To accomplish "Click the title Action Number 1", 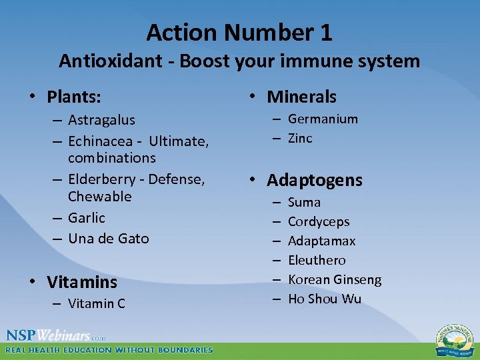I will coord(239,32).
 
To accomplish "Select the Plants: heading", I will coord(74,97).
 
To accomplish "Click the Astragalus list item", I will coord(101,121).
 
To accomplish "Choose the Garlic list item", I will coord(87,218).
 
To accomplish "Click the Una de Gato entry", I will coord(109,239).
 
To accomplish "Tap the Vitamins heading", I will coord(82,283).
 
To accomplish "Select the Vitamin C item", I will coord(97,304).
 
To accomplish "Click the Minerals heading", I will coord(301,97).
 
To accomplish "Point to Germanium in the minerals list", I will coord(323,119).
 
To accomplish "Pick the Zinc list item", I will coord(300,139).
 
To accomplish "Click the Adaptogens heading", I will coord(315,181).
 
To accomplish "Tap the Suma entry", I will coord(304,202).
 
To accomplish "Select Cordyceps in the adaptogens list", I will coord(319,222).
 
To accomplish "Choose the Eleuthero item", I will coord(317,260).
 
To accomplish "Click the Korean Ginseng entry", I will coord(335,280).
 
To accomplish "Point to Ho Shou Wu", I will coord(324,299).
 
